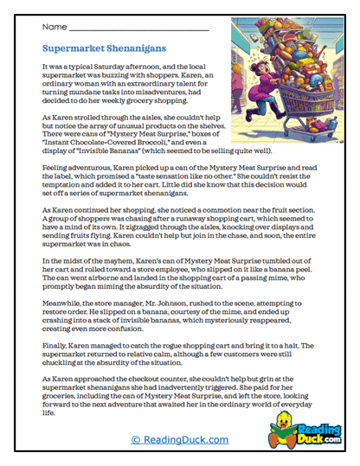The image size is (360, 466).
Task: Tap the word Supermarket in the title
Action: tap(71, 49)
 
